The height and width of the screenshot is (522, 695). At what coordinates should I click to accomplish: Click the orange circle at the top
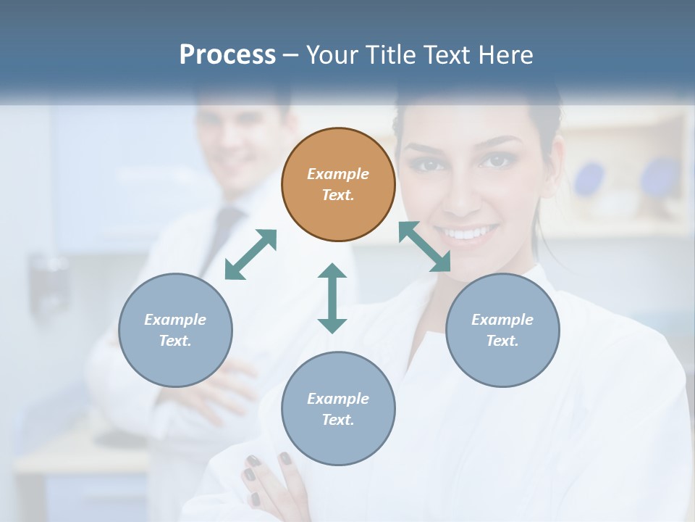coord(338,184)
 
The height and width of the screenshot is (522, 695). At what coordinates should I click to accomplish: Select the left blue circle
coord(175,330)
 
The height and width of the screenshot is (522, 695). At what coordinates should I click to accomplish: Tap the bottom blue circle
coord(338,408)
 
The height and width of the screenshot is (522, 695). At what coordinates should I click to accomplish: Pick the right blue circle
coord(502,330)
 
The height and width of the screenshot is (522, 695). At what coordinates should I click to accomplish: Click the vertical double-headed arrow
coord(332,298)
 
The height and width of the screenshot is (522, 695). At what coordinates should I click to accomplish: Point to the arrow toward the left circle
coord(250,254)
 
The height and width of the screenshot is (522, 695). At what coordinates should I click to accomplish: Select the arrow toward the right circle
coord(424,246)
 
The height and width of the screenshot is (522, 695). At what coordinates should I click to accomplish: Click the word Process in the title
coord(227,54)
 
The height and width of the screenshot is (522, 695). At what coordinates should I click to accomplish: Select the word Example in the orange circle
coord(338,174)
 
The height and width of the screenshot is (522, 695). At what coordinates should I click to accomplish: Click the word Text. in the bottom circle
coord(338,420)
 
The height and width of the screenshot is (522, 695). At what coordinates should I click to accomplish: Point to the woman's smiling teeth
coord(471,233)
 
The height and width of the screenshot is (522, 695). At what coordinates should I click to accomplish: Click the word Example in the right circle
coord(502,320)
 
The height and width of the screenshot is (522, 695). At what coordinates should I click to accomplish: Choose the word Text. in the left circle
coord(175,341)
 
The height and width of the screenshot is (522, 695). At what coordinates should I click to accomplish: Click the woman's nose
coord(463,196)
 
